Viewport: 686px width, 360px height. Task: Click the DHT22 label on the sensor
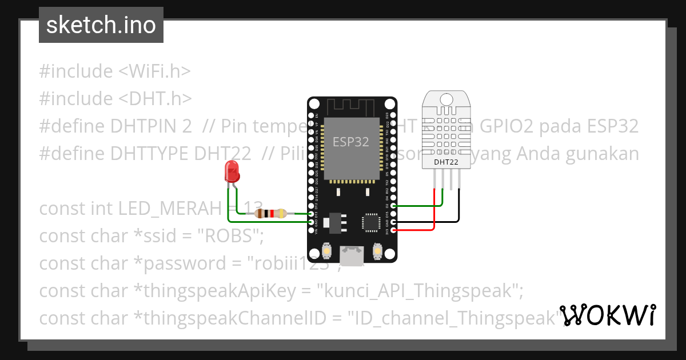[446, 162]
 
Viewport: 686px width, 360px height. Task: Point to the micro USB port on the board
[351, 255]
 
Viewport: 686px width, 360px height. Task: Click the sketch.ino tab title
[101, 25]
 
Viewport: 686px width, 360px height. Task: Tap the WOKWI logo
[608, 315]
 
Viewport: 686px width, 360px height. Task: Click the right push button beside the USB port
[377, 250]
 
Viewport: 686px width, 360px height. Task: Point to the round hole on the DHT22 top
[446, 99]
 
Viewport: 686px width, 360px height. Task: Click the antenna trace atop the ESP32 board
[351, 106]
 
